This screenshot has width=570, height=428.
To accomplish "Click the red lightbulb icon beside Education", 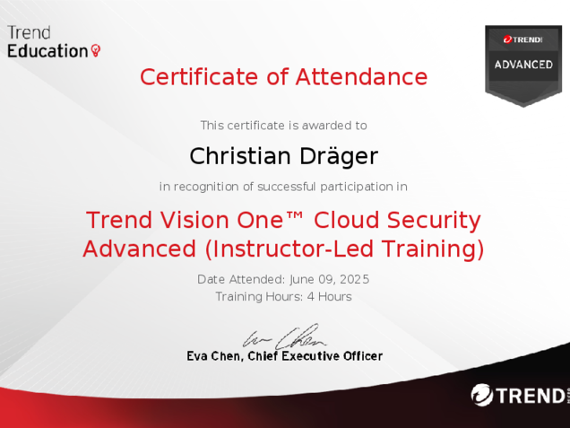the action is click(96, 50).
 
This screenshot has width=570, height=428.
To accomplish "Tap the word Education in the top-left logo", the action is click(47, 51).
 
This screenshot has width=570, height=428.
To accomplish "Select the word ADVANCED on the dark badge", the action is click(523, 65).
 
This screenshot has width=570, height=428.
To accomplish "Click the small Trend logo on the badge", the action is click(523, 39).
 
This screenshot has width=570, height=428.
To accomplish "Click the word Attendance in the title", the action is click(361, 77).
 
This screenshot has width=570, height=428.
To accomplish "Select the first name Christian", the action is click(240, 156).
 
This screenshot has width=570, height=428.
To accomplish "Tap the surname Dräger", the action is click(339, 156).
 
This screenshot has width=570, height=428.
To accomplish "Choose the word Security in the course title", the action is click(434, 221).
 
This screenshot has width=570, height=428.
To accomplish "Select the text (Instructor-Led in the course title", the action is click(289, 249).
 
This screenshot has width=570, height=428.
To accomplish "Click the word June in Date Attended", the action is click(302, 280).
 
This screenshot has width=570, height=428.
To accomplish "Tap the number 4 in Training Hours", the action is click(311, 297).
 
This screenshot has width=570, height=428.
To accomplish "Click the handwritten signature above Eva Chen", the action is click(284, 336).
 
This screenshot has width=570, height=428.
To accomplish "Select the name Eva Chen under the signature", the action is click(213, 356).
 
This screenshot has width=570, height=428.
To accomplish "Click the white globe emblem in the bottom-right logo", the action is click(482, 395).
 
